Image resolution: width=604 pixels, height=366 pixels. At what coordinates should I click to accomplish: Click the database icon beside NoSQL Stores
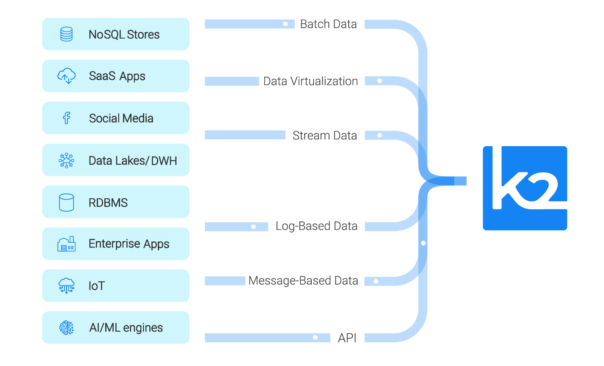click(66, 34)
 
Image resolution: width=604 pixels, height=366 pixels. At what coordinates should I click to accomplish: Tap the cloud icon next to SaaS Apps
click(66, 76)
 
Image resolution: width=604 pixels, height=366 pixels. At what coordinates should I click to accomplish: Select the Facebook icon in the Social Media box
click(66, 118)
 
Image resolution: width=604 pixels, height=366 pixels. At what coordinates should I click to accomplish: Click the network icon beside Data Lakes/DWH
click(66, 161)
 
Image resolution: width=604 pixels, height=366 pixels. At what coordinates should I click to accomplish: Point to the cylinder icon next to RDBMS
click(66, 202)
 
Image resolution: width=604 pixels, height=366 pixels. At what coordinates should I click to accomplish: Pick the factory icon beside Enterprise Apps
click(66, 244)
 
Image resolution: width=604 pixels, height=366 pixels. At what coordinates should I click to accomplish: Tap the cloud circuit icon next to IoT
click(66, 286)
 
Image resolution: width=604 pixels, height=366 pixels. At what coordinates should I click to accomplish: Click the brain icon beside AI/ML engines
click(66, 328)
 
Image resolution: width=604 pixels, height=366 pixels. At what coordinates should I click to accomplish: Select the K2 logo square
click(525, 188)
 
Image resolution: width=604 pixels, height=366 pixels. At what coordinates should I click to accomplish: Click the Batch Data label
click(328, 24)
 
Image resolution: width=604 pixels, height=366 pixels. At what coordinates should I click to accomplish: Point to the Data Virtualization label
click(310, 81)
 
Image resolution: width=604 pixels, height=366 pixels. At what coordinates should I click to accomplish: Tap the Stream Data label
click(324, 136)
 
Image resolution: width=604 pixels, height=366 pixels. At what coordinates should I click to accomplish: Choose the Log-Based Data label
click(316, 226)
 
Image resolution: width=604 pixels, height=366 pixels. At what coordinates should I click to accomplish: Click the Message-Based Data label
click(303, 281)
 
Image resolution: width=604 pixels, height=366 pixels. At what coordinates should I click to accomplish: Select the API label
click(347, 338)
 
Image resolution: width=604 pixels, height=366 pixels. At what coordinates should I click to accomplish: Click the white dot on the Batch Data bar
click(285, 24)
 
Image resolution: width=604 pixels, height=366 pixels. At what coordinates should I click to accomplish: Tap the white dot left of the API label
click(315, 338)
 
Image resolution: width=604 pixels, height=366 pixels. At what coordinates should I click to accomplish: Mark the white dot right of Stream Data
click(380, 136)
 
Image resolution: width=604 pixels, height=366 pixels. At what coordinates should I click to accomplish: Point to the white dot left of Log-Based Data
click(253, 227)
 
